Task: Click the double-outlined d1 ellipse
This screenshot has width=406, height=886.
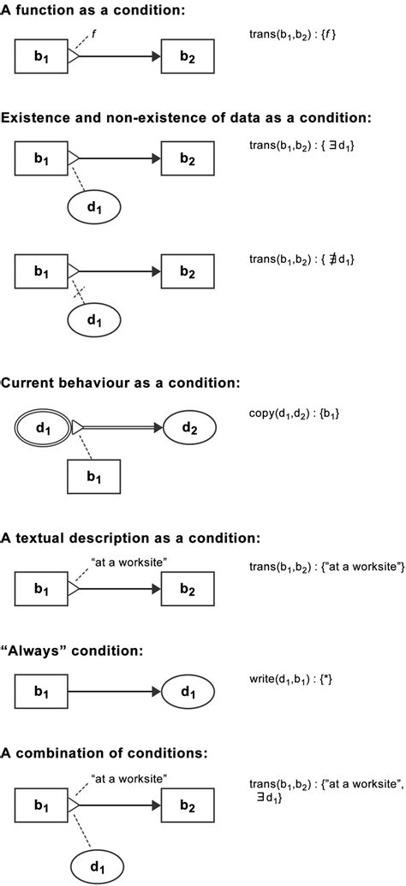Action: point(41,426)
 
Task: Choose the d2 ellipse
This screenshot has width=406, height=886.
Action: point(188,426)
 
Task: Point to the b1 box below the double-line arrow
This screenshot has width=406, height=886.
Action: point(94,475)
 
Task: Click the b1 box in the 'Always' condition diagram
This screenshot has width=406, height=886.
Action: point(41,690)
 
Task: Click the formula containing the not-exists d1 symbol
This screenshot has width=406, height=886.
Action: point(302,259)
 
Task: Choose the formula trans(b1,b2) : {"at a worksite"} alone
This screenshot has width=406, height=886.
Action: point(325,568)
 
